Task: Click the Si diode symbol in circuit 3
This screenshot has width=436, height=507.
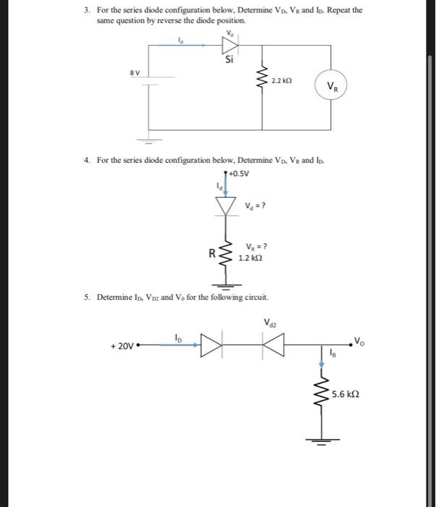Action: click(230, 44)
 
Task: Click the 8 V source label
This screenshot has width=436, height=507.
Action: click(135, 73)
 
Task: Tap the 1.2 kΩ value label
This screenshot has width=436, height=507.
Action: click(251, 257)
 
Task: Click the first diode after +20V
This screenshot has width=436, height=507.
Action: click(209, 346)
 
